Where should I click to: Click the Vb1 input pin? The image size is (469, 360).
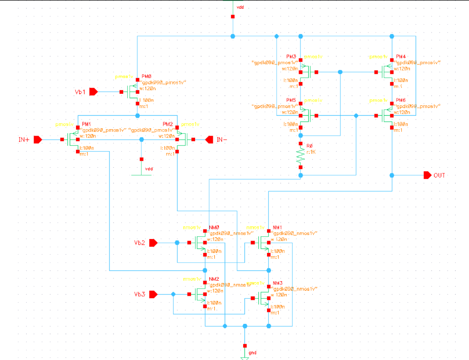(x=93, y=92)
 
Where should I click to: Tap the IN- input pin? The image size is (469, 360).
(x=209, y=139)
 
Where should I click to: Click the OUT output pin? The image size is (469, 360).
(x=427, y=175)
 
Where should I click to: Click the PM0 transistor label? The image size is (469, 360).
(x=146, y=76)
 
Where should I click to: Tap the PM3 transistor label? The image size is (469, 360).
(x=291, y=56)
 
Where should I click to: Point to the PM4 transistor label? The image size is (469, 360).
(x=401, y=56)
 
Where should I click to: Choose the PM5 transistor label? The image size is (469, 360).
(x=291, y=100)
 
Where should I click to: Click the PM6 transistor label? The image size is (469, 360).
(x=401, y=100)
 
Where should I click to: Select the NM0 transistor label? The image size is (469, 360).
(x=214, y=227)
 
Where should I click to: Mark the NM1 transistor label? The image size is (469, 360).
(x=278, y=227)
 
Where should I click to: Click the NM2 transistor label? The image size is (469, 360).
(x=214, y=278)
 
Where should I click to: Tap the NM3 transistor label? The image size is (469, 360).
(x=278, y=283)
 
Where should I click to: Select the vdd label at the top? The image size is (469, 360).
(x=240, y=8)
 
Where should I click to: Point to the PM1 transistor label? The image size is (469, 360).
(x=86, y=124)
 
